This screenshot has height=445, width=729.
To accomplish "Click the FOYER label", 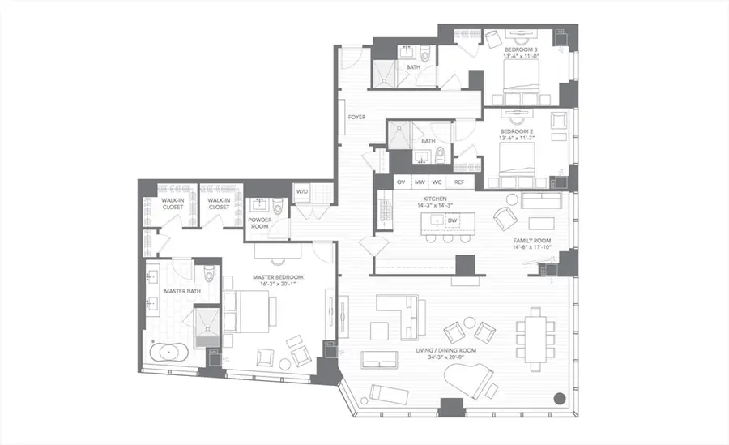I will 356,118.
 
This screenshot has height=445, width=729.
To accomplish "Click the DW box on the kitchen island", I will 451,220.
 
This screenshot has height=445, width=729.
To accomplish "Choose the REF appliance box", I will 459,182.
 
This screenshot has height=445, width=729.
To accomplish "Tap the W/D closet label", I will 302,191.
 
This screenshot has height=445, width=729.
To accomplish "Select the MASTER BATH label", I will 177,291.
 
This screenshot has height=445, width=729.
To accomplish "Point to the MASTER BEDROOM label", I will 277,278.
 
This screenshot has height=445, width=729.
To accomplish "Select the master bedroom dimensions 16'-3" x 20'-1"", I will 277,285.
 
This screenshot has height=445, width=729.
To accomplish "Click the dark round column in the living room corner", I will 559,398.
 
